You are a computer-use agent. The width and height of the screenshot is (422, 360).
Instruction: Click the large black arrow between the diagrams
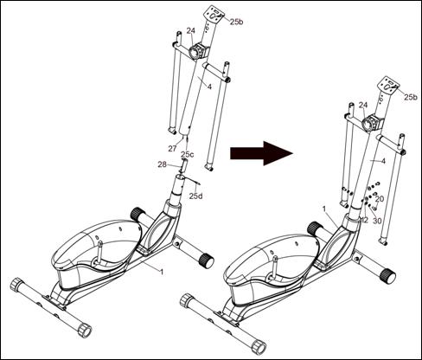coord(261,153)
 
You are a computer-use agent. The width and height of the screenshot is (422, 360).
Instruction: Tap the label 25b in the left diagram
coord(236,22)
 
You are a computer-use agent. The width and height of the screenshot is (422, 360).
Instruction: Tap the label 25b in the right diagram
coord(410,97)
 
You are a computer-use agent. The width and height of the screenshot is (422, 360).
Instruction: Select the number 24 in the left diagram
coord(190,30)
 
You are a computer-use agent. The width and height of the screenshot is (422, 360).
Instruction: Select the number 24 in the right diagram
coord(363,106)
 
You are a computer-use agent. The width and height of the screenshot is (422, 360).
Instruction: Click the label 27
coord(172,149)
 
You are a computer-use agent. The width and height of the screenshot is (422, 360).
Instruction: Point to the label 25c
coord(188,155)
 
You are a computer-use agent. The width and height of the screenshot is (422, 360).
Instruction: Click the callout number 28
coord(163,164)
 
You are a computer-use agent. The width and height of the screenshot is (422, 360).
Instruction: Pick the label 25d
coord(195,196)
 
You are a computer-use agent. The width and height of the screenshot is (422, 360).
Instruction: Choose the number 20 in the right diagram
coord(380,199)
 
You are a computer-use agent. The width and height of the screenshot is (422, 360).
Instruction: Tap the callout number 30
coord(377,221)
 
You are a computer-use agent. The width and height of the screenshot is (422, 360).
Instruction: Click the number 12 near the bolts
coord(365,220)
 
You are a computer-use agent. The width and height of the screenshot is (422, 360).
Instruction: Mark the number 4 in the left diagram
coord(209,87)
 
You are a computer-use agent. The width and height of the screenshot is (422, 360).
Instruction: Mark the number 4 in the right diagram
coord(383,161)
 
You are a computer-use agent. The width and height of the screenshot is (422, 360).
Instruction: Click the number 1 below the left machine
coord(162,272)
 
